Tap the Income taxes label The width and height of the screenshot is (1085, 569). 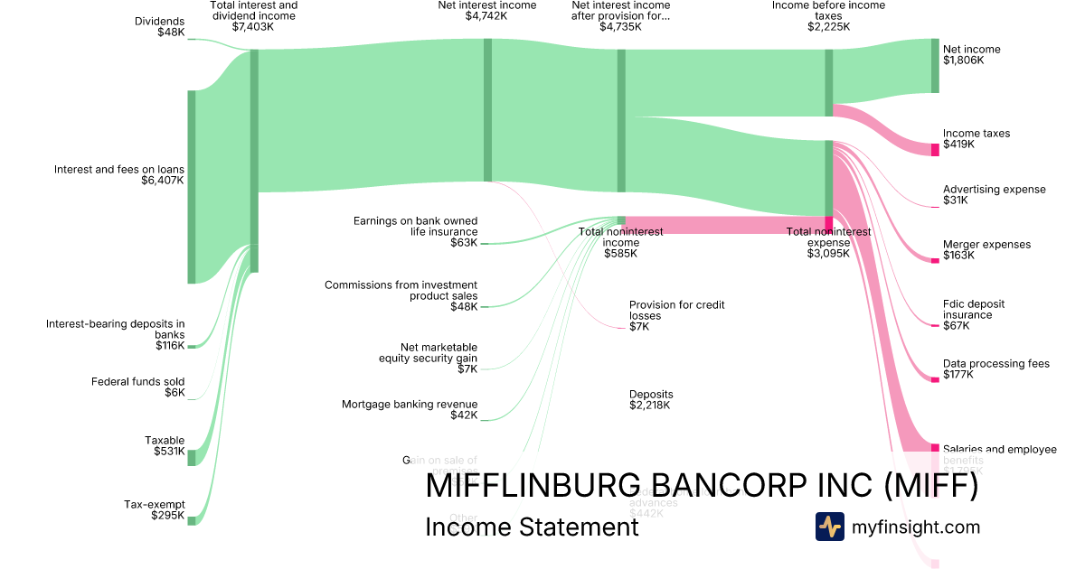point(976,134)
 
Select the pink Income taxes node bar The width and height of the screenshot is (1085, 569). point(935,149)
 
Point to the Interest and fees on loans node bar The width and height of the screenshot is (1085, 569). point(191,187)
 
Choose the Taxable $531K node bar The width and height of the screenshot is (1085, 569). point(191,458)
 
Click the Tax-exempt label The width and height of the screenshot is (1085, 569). point(154,504)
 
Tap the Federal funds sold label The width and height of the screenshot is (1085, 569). point(137,382)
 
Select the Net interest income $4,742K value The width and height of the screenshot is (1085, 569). point(486,16)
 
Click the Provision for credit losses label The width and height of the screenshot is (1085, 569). point(676,311)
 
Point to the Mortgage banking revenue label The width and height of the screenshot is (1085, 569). point(410,405)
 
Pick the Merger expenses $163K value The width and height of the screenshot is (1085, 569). point(958,256)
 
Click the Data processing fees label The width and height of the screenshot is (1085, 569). point(995,364)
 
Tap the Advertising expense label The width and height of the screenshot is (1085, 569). point(994,190)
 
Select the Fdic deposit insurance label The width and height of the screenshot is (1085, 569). point(974,310)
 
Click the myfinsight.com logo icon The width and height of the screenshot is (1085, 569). point(829,527)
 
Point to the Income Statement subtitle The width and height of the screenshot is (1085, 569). point(532,527)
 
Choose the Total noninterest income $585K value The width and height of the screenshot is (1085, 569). point(620,254)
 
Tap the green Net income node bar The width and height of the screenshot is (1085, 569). point(935,65)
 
